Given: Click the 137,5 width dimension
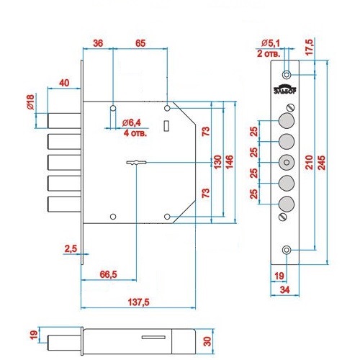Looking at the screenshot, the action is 138,302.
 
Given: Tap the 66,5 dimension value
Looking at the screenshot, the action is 108,274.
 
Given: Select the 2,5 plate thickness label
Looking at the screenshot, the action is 71,249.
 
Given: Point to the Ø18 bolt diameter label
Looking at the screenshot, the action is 30,102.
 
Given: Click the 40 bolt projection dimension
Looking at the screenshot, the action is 64,83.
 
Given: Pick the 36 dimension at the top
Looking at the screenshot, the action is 98,43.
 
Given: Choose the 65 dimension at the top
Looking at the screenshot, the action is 140,43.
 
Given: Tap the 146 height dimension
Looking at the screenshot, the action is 230,162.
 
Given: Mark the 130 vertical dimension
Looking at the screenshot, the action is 217,162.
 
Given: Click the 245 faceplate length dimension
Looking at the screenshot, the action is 322,163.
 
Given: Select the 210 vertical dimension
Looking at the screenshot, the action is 310,163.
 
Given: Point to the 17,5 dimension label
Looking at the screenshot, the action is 310,48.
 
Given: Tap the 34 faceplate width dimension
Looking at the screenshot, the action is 284,290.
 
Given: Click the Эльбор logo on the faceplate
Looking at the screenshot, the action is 285,89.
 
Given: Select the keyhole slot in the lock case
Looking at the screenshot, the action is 136,163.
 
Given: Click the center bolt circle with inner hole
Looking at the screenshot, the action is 287,163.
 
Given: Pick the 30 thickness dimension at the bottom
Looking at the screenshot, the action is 207,341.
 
